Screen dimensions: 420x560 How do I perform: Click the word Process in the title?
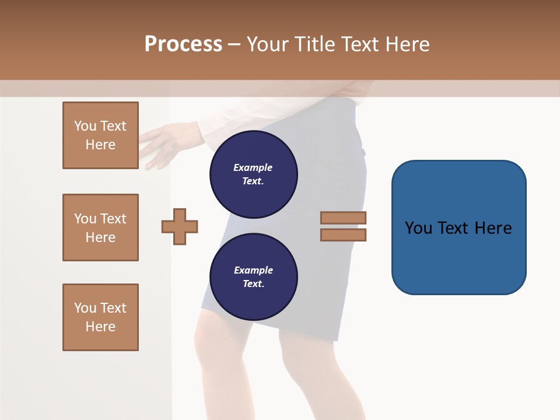tap(183, 44)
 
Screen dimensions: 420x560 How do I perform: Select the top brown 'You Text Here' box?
tap(100, 135)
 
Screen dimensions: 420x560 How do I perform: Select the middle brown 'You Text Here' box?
tap(100, 228)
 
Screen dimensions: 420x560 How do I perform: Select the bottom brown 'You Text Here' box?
tap(100, 317)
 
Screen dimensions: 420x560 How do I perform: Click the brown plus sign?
tap(180, 226)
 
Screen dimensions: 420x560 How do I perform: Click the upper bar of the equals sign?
tap(344, 218)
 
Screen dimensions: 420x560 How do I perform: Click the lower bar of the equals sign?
tap(344, 235)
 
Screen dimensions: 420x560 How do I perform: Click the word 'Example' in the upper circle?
tap(253, 167)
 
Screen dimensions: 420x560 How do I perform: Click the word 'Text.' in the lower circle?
tap(253, 284)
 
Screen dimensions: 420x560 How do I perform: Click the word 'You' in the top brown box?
tap(85, 126)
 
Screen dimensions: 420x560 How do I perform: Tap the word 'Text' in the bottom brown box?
tap(113, 308)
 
